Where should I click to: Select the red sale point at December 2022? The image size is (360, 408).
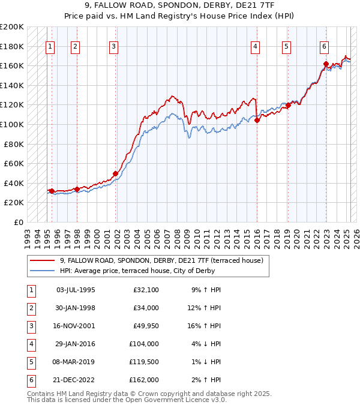[x=325, y=64]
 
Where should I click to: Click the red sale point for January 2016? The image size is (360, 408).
[x=257, y=121]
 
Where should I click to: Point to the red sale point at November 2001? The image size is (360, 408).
[x=115, y=173]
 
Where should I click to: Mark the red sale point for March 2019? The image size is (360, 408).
[x=288, y=106]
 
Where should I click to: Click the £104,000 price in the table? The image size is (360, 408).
[x=144, y=344]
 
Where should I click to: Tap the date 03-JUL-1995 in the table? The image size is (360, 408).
[x=75, y=290]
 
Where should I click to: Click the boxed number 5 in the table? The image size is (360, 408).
[x=31, y=362]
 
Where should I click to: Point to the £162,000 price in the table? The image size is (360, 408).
[x=144, y=380]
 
